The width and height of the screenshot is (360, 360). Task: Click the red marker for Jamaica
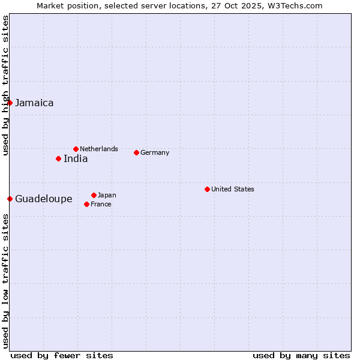tap(10, 103)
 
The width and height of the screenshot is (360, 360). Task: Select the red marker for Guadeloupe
tap(10, 199)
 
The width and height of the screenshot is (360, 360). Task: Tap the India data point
tap(58, 158)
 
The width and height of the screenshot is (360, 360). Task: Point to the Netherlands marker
tap(76, 149)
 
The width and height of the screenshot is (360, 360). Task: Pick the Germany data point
tap(136, 152)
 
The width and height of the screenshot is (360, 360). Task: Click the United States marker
tap(207, 189)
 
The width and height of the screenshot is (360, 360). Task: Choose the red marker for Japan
tap(94, 195)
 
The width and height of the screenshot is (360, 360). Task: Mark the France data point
tap(86, 204)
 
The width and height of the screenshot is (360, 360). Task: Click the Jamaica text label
tap(34, 103)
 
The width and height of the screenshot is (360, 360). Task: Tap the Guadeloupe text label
tap(43, 199)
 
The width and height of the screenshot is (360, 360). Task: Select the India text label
tap(76, 158)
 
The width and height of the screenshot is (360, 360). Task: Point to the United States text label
tap(233, 189)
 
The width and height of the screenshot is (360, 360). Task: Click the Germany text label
tap(155, 152)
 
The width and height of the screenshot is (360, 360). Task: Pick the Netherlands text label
tap(99, 149)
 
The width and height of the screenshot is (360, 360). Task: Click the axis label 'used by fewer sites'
tap(62, 355)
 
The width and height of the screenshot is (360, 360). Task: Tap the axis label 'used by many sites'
tap(301, 355)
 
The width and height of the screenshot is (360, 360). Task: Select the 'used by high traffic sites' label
tap(5, 85)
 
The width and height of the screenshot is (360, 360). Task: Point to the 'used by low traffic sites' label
tap(5, 281)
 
